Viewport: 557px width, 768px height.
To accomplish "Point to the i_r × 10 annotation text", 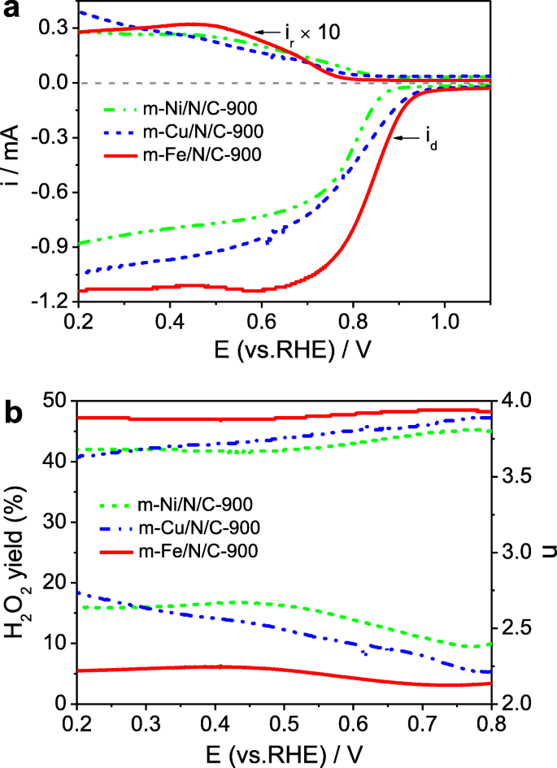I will coord(308,32).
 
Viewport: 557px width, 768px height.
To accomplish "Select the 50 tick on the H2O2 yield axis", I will coord(54,401).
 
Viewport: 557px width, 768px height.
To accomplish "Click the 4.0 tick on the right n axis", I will coord(511,401).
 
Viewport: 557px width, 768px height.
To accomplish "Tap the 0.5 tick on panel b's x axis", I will coord(283,722).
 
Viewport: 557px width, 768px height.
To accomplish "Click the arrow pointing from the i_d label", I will coord(411,138).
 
